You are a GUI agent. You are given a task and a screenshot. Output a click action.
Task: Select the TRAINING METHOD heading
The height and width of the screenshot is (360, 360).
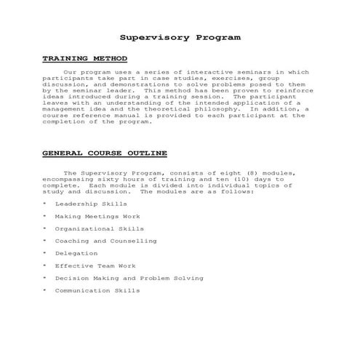coord(84,58)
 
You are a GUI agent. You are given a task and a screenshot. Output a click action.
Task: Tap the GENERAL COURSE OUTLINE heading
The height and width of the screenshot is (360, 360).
coord(105,153)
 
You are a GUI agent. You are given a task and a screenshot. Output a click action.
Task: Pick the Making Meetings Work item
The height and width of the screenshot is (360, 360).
coord(97,216)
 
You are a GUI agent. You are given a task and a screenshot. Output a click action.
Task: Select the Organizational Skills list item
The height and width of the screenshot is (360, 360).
coord(99,228)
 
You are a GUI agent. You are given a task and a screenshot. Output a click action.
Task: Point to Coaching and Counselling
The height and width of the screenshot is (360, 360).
coord(105,241)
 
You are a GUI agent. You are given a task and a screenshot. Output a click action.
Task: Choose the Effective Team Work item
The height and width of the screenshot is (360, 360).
coord(95,265)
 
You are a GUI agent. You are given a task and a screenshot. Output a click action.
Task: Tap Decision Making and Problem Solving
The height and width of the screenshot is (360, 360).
coord(129,278)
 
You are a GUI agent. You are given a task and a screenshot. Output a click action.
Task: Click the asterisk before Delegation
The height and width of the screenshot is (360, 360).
coord(44,254)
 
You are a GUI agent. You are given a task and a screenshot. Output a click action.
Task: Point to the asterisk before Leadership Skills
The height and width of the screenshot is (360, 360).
coord(44,204)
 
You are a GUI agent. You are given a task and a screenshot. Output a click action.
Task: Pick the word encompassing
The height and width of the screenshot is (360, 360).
coord(65,180)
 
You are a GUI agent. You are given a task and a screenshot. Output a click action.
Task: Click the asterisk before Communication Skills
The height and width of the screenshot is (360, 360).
coord(44,291)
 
